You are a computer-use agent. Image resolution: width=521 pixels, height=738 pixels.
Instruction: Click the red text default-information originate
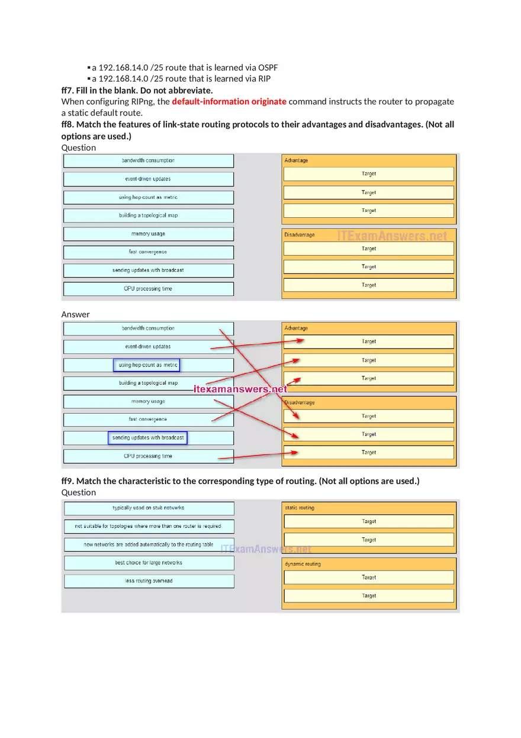click(229, 101)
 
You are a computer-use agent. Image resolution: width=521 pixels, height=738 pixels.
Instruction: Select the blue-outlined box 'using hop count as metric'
click(147, 365)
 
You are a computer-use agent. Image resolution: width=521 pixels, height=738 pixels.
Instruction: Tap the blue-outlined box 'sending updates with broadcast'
click(147, 438)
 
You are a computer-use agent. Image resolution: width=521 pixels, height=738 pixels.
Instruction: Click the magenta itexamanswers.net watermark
click(240, 389)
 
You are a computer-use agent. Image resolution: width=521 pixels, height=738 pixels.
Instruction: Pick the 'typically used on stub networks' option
click(149, 508)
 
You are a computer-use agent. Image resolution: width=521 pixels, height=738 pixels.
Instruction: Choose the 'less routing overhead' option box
click(149, 581)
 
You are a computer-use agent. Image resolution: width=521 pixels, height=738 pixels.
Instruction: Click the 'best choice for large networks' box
click(149, 563)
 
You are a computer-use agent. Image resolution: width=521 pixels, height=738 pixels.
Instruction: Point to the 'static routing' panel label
click(300, 508)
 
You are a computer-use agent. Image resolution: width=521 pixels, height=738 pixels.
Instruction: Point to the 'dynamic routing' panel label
click(303, 564)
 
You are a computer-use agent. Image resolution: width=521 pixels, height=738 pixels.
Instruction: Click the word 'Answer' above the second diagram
click(76, 314)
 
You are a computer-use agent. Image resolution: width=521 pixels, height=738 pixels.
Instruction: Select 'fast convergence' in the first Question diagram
click(148, 252)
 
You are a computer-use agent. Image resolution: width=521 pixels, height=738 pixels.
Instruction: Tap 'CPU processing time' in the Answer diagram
click(148, 456)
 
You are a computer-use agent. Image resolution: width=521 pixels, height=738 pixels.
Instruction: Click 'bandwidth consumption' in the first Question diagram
click(148, 160)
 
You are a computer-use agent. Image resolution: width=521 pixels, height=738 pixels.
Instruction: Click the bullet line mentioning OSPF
click(185, 67)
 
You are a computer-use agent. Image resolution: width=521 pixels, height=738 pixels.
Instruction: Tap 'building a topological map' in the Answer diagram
click(148, 383)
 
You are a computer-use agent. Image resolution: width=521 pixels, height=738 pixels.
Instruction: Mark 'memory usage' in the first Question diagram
click(148, 234)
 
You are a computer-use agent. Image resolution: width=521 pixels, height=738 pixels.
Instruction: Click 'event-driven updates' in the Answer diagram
click(148, 346)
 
